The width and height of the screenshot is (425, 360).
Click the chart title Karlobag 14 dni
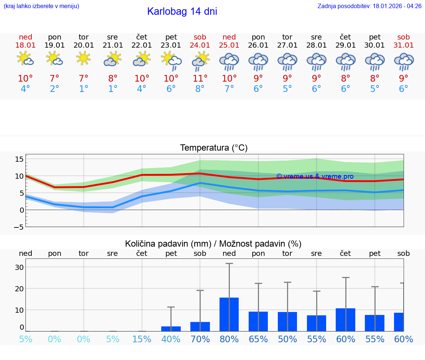point(182,11)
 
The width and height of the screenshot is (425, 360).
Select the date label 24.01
point(200,45)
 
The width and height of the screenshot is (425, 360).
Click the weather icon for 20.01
point(84,59)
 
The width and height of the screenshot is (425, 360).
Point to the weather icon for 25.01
point(229,61)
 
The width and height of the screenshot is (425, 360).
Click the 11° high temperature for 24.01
point(200,79)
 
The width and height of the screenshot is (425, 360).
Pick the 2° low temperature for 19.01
point(55,89)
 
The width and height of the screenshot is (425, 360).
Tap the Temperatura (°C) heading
point(214,148)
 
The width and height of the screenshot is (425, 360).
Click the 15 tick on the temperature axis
point(19,159)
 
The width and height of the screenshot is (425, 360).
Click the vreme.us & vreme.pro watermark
point(315,176)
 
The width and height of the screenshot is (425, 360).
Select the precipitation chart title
point(213,244)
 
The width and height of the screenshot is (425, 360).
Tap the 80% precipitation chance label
point(229,339)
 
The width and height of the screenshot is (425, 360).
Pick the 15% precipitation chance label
point(142,339)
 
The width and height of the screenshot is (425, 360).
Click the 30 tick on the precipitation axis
point(19,267)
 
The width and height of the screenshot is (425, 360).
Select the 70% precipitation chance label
point(200,339)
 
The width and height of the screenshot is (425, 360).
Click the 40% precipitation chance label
point(171,339)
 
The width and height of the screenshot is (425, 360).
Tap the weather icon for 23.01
point(171,60)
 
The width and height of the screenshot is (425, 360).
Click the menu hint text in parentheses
point(41,6)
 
